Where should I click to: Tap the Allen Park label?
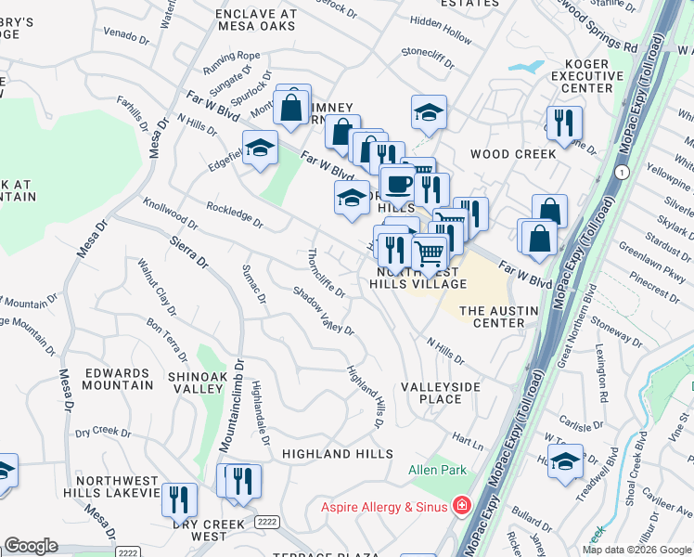click(x=437, y=471)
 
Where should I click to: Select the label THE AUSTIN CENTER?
click(x=492, y=317)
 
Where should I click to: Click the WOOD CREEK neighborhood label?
click(x=512, y=154)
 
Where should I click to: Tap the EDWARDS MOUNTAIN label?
click(x=118, y=379)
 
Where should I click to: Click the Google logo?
click(x=32, y=545)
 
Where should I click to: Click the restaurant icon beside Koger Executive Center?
click(x=564, y=123)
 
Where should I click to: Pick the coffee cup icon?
click(x=400, y=183)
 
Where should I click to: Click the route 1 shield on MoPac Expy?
click(x=622, y=173)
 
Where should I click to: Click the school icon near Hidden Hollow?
click(x=428, y=112)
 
